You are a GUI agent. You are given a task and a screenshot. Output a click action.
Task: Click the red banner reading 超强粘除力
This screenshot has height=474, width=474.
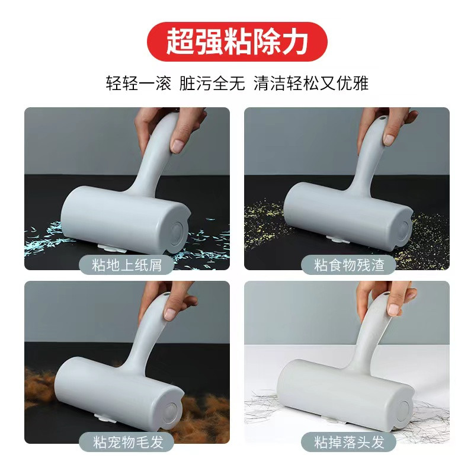(x=237, y=41)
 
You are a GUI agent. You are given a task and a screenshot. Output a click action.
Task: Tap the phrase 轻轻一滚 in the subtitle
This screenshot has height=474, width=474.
(x=138, y=83)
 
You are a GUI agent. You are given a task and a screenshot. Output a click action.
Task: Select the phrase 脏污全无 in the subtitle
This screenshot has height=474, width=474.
(x=212, y=83)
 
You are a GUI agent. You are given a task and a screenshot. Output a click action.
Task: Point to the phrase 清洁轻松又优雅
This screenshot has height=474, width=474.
(x=310, y=83)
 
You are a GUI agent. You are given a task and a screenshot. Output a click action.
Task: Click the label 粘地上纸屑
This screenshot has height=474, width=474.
(x=127, y=265)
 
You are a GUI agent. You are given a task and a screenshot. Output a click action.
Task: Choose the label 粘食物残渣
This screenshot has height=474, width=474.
(x=349, y=265)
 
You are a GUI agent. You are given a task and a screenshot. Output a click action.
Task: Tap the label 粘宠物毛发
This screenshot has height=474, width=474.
(x=127, y=442)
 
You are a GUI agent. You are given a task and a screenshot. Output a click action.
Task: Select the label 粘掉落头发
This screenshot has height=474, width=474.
(x=349, y=442)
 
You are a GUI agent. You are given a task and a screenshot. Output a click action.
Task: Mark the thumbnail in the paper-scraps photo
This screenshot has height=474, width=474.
(x=178, y=146)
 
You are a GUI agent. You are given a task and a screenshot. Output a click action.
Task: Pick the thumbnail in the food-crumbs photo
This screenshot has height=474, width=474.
(x=389, y=139)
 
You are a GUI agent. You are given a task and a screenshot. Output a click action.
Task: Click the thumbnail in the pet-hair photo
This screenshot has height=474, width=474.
(x=171, y=315)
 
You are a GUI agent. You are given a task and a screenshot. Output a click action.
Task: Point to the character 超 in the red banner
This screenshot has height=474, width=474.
(x=180, y=41)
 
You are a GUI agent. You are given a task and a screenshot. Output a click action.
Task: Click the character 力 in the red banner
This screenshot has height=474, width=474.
(x=294, y=41)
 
